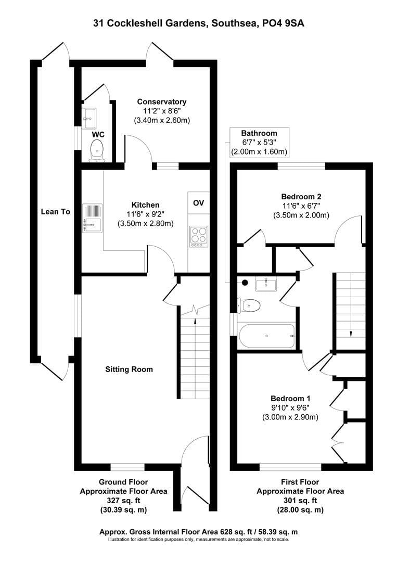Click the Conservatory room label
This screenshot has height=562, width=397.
[161, 101]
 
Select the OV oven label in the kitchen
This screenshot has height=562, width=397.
[198, 202]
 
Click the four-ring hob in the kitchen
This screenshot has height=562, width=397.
[198, 235]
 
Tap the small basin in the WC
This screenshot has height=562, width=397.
[89, 118]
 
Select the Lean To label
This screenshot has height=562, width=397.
[55, 212]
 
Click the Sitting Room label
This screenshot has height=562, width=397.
[129, 369]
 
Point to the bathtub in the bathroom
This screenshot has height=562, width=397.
[267, 336]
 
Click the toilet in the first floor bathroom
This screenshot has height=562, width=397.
[249, 305]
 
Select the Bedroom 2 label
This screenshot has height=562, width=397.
[301, 197]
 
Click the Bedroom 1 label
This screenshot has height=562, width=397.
[290, 399]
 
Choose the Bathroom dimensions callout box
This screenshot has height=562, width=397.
[259, 143]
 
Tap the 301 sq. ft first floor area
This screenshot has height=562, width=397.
[300, 501]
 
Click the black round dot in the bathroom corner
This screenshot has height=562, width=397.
[245, 283]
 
